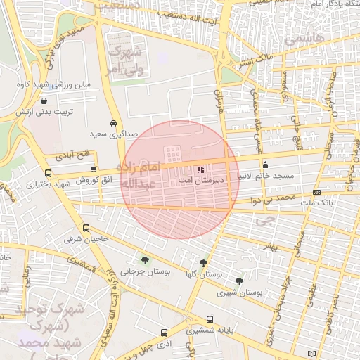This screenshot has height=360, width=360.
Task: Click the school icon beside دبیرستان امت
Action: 200,169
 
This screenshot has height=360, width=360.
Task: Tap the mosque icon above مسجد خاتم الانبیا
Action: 264,165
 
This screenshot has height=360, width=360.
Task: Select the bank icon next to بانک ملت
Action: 315,193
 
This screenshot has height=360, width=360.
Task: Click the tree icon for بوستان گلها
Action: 204,263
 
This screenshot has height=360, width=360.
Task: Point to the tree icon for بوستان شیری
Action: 240,281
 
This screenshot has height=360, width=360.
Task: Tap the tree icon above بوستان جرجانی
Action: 145,259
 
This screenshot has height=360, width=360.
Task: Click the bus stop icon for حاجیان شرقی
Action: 86,229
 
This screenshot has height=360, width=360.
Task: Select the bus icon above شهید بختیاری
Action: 48,173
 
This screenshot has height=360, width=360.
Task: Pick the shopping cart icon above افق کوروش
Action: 94,169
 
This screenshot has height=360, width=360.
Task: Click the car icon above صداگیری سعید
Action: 113,121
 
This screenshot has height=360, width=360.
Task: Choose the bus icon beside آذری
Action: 164,333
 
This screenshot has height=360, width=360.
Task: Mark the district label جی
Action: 264,219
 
